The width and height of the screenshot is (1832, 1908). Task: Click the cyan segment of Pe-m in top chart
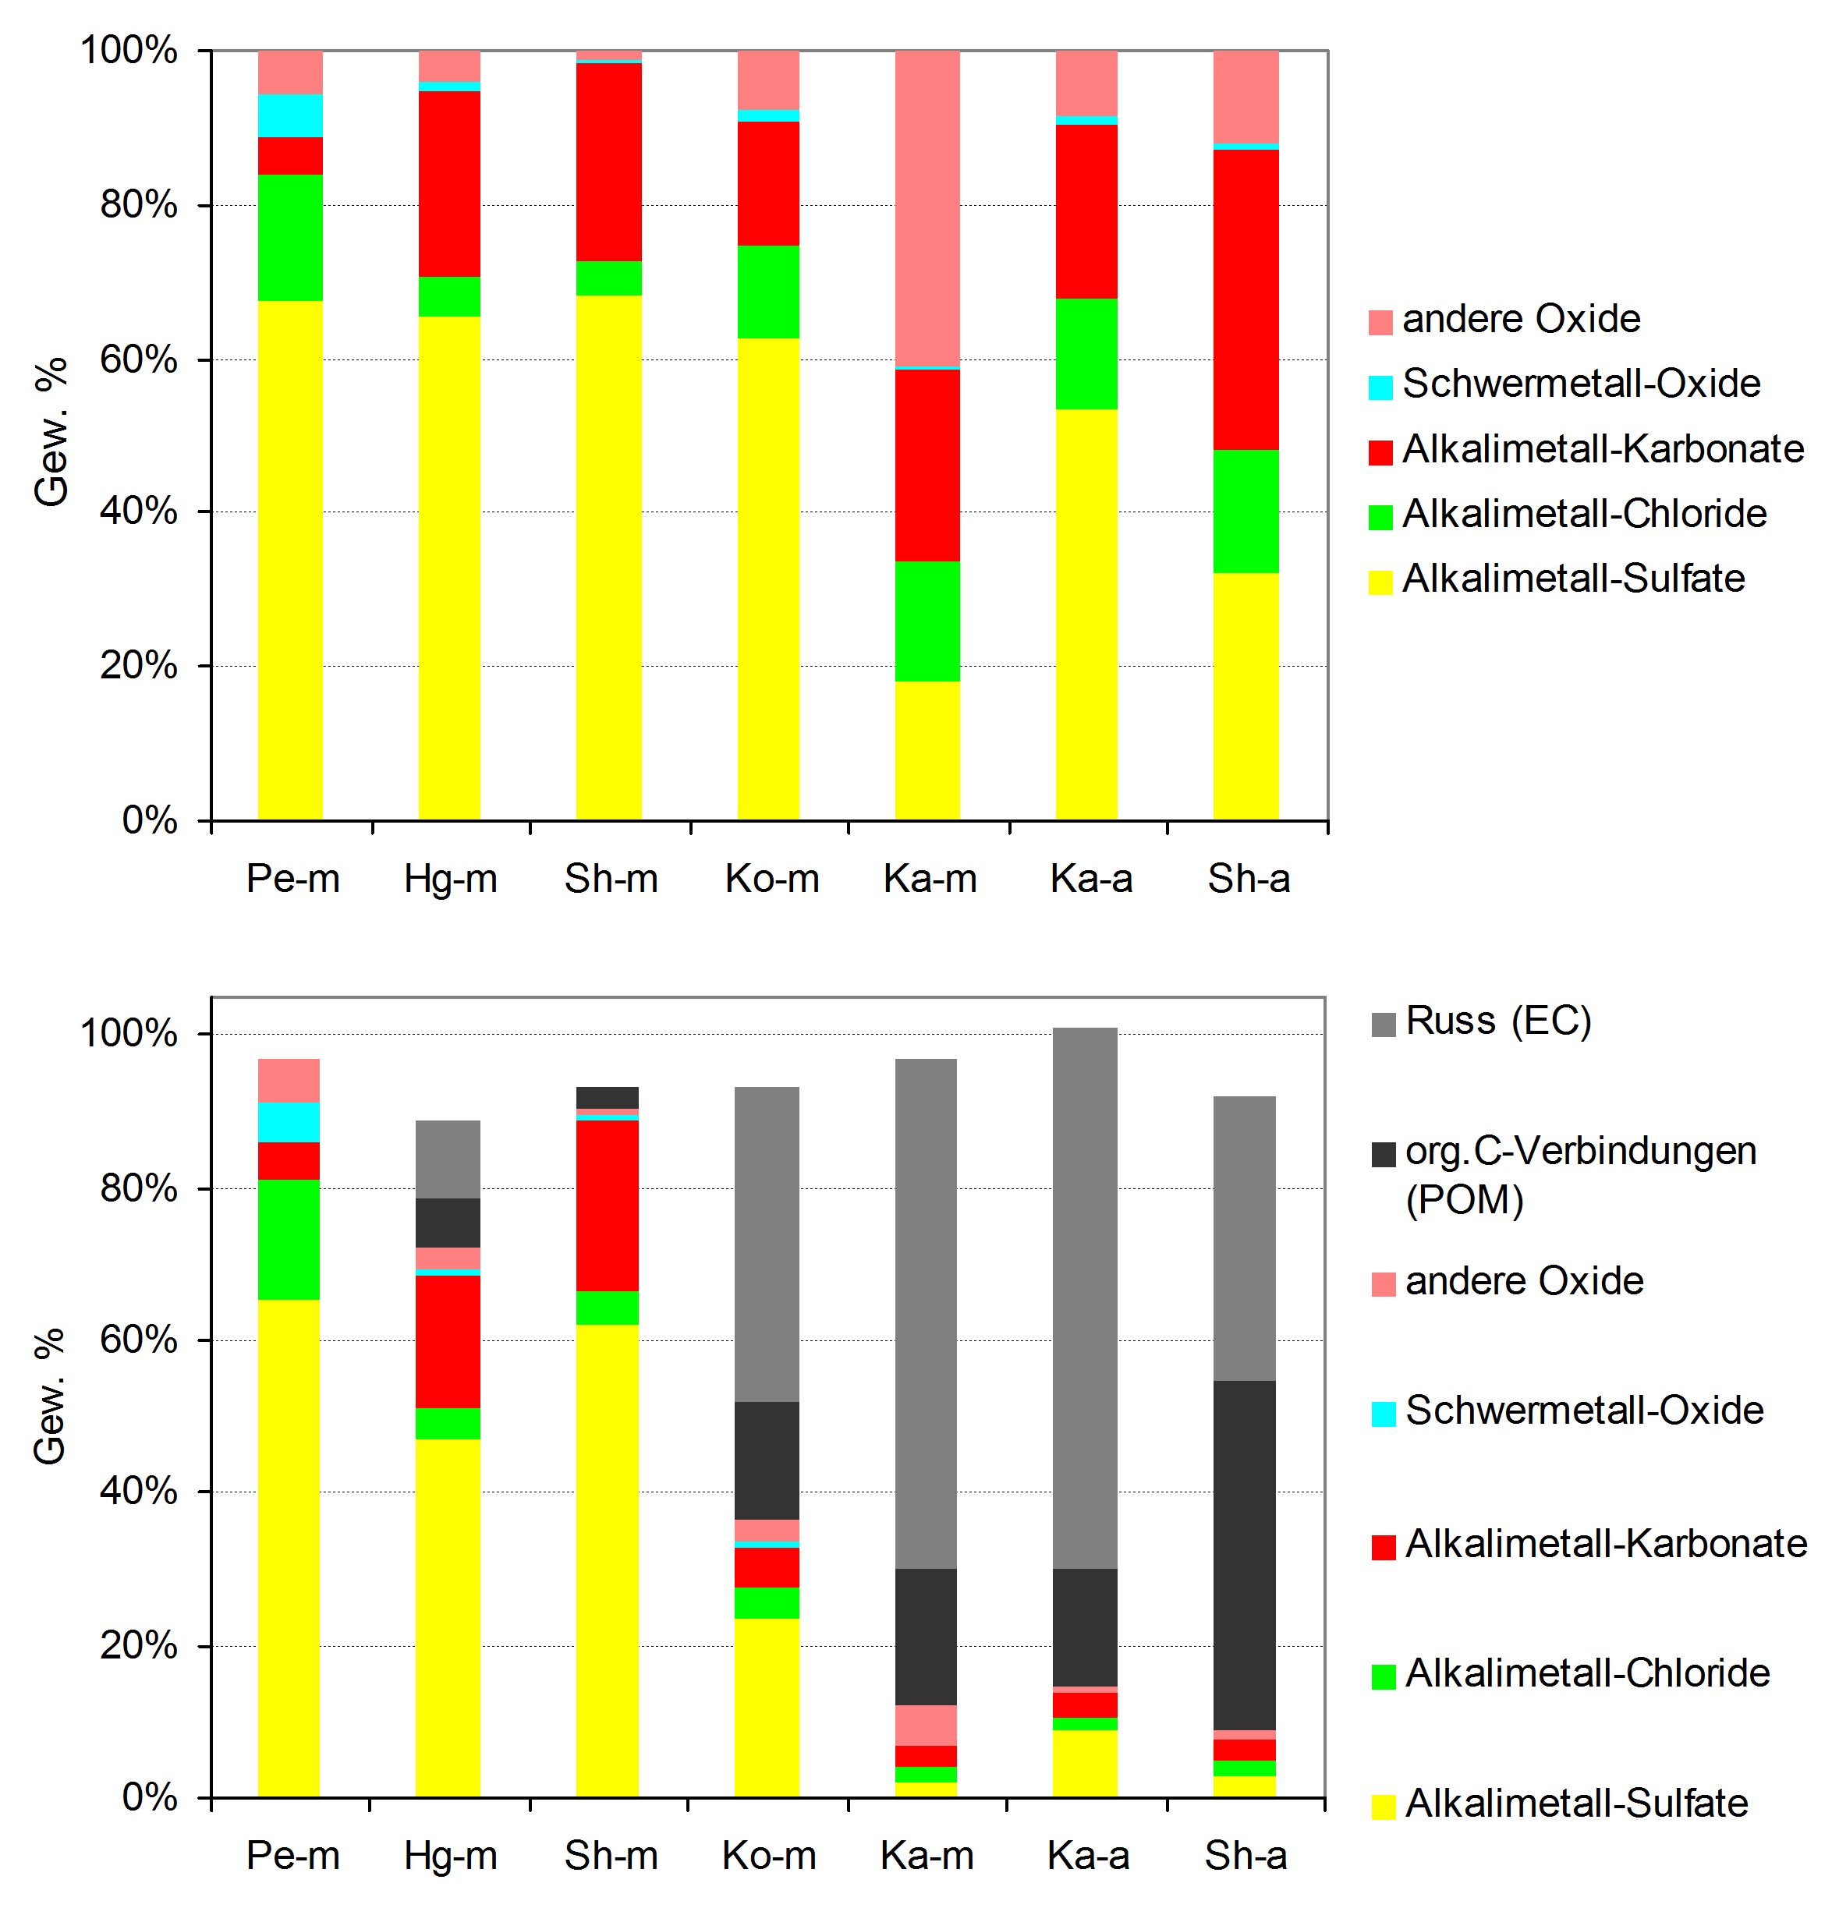[x=290, y=116]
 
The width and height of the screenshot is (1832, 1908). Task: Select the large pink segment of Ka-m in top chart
[x=927, y=208]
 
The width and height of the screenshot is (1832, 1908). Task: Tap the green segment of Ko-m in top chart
[x=768, y=292]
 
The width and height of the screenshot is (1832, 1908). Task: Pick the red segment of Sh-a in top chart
[x=1246, y=300]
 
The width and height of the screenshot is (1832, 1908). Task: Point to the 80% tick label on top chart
[x=138, y=204]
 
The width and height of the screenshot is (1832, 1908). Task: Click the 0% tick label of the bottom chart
[x=150, y=1797]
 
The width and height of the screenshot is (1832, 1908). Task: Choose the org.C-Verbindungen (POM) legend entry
[x=1564, y=1175]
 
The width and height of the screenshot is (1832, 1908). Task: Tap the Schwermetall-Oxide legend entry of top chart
[x=1564, y=384]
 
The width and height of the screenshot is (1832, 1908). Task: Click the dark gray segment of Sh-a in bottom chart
[x=1244, y=1555]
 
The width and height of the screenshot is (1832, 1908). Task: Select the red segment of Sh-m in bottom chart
[x=608, y=1205]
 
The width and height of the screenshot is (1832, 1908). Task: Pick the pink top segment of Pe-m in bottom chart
[x=288, y=1081]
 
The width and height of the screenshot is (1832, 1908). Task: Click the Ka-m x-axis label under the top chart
[x=930, y=879]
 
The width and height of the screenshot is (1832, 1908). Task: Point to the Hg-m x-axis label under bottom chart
[x=451, y=1857]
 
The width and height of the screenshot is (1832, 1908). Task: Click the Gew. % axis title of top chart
[x=51, y=431]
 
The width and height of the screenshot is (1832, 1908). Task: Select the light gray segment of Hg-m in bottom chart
[x=448, y=1159]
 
